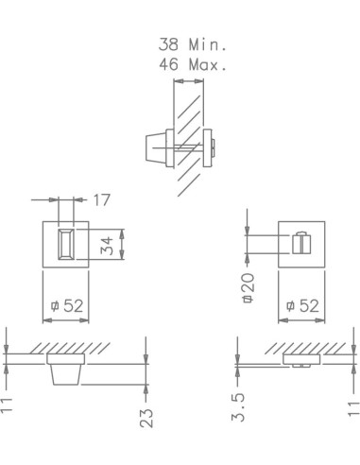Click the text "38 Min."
[x=193, y=44]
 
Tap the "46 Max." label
[x=193, y=64]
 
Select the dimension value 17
[x=102, y=200]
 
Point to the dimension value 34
[x=107, y=246]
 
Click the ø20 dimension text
[x=248, y=288]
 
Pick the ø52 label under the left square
[x=67, y=305]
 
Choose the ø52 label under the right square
[x=302, y=305]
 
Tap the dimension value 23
[x=146, y=418]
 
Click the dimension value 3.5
[x=238, y=407]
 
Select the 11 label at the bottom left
[x=6, y=405]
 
